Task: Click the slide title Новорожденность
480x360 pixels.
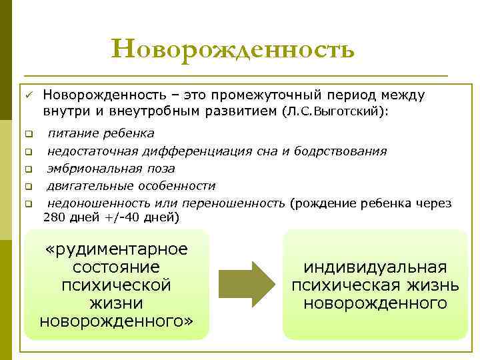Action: click(233, 49)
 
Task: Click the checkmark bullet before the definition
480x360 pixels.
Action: click(30, 95)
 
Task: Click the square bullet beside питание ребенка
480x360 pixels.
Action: click(29, 134)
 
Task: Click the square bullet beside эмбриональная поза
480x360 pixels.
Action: click(29, 169)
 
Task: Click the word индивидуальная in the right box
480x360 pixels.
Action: click(375, 267)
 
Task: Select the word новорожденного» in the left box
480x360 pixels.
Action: click(116, 322)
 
